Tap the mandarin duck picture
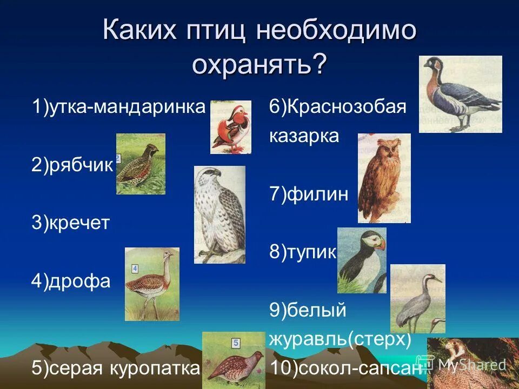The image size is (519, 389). [x=231, y=127]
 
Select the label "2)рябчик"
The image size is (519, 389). [x=72, y=166]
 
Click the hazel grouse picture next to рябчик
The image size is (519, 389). [x=141, y=164]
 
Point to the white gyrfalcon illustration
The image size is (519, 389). [x=219, y=214]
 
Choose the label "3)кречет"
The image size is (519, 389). [x=70, y=223]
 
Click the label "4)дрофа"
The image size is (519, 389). [x=71, y=281]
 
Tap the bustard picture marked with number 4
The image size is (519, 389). [x=152, y=284]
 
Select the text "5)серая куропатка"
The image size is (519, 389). [x=116, y=368]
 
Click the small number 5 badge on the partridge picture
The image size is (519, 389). [x=235, y=343]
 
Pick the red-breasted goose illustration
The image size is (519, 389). [x=460, y=94]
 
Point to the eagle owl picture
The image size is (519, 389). [x=384, y=178]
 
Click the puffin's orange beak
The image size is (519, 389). [x=380, y=244]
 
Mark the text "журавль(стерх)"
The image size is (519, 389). [x=340, y=339]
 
